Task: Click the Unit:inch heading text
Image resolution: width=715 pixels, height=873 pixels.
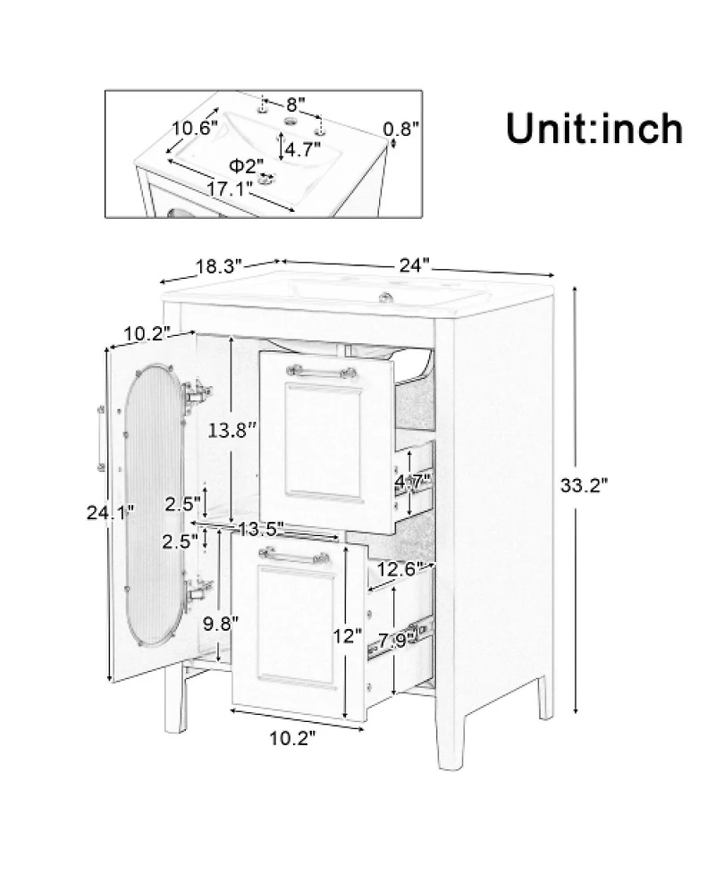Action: (594, 129)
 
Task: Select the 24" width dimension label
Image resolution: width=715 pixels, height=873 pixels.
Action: (415, 264)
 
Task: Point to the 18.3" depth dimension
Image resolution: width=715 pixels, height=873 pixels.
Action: (219, 266)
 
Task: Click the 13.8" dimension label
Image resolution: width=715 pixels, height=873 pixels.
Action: (232, 429)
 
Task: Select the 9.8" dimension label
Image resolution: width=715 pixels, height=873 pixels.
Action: (221, 624)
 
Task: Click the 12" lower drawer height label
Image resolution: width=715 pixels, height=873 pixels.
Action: (348, 635)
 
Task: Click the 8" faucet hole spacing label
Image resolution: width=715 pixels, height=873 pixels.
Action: (296, 105)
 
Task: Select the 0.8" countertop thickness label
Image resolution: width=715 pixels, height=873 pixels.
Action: (401, 130)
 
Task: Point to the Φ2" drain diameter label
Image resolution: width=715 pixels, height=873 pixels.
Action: (246, 165)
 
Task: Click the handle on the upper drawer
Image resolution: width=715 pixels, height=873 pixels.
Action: (321, 372)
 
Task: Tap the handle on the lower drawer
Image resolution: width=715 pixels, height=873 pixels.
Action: (293, 555)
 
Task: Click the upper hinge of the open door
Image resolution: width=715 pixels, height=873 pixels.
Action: (197, 392)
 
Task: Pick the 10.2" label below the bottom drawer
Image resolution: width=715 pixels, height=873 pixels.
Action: (293, 738)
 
